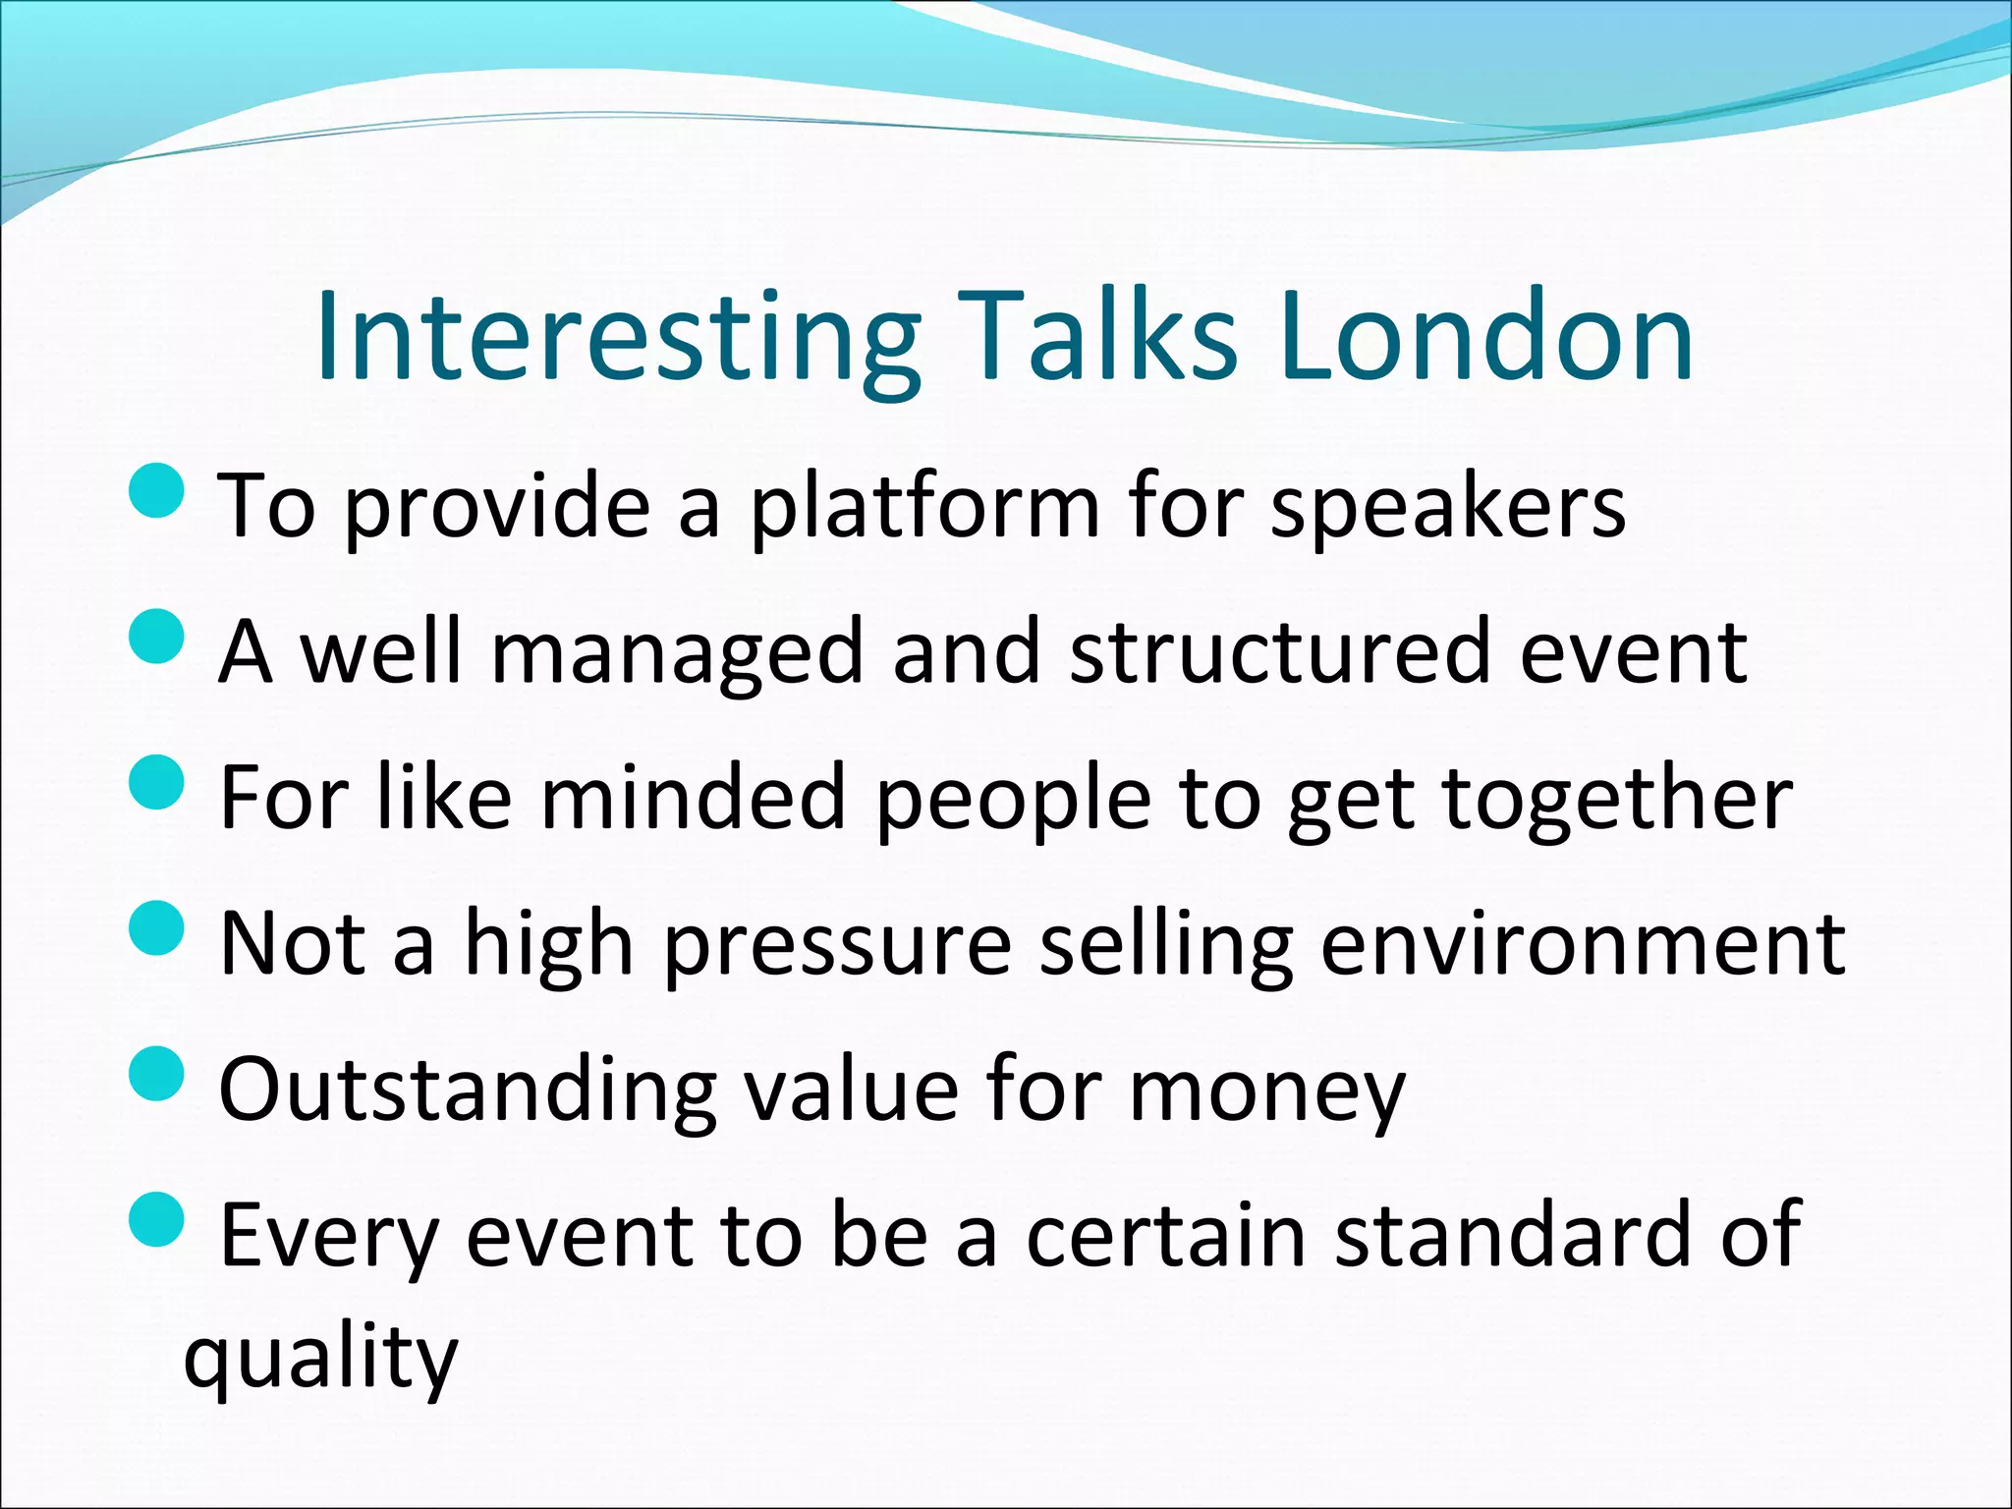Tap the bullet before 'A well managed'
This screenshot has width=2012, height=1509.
click(x=156, y=636)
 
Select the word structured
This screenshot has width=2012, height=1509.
click(x=1281, y=653)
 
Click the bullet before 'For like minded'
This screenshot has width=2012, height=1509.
click(x=156, y=781)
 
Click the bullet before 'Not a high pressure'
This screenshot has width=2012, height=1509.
click(x=156, y=927)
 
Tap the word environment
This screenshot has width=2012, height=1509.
click(x=1583, y=945)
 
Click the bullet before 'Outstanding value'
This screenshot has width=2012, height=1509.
click(x=156, y=1073)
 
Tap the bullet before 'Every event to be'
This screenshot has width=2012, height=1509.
click(x=156, y=1219)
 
